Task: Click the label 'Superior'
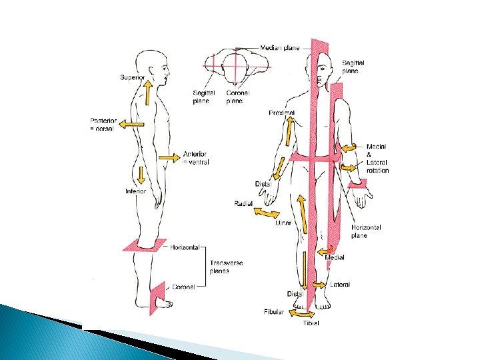132,77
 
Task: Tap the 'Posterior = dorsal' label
103,125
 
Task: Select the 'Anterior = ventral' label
195,158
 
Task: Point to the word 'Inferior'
135,191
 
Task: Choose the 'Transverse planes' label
226,267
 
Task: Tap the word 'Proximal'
282,113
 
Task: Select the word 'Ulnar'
283,223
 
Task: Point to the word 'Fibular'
273,311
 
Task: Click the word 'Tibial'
311,323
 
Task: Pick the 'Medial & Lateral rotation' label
377,158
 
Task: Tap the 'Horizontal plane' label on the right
366,231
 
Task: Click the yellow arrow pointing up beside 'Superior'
147,92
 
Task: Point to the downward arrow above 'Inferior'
141,175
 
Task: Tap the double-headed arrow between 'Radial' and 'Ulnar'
267,213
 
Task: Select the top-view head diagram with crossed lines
235,67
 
